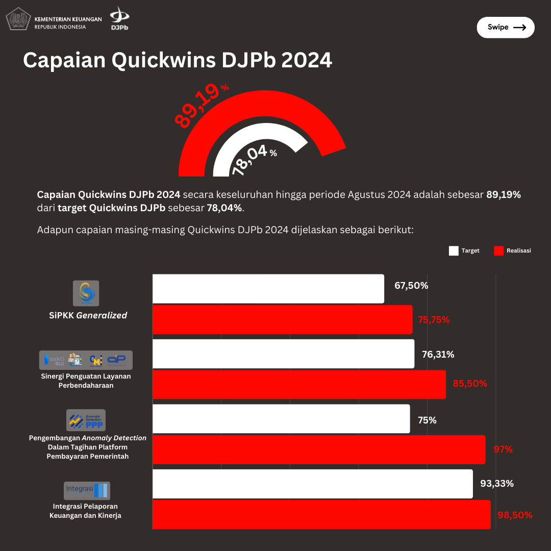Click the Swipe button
[505, 28]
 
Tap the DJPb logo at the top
[120, 18]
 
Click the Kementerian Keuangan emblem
[18, 19]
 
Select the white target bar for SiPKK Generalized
[268, 289]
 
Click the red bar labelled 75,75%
[282, 320]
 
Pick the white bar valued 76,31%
[283, 354]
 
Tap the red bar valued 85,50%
[299, 384]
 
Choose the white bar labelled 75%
[281, 419]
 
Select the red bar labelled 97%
[319, 449]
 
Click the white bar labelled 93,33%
[312, 484]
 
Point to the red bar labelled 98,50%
[321, 514]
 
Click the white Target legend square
[454, 251]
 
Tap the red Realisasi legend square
[498, 251]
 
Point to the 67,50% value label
[411, 286]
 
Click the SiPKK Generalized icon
[86, 293]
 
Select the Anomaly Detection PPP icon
[86, 420]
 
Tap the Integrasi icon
[87, 490]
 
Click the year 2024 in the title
[307, 60]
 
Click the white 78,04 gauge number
[250, 160]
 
